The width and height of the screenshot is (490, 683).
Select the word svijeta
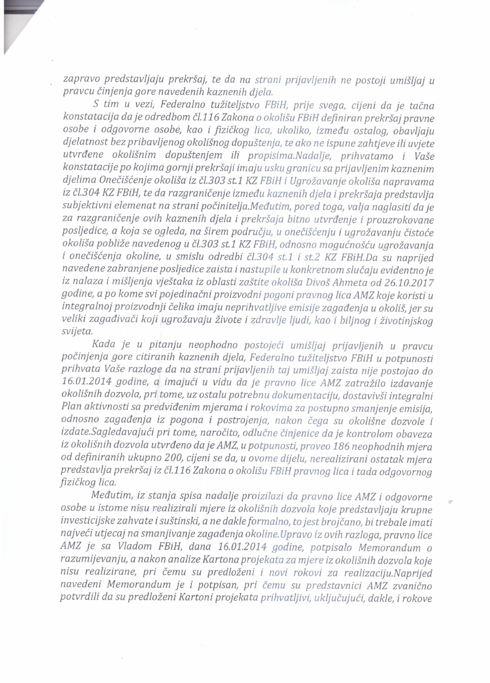(78, 331)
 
